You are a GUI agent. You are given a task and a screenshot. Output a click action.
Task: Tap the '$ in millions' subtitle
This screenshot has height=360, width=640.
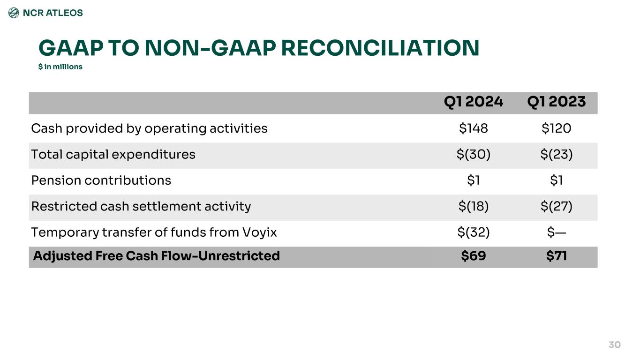(x=60, y=67)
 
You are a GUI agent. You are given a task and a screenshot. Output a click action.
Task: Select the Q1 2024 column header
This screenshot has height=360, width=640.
(x=473, y=102)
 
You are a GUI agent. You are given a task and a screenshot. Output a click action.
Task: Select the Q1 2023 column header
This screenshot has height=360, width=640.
(x=556, y=102)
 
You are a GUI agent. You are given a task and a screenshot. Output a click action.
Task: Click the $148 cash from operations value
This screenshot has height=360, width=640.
(x=473, y=128)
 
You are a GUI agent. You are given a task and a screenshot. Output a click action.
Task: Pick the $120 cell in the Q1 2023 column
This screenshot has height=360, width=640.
(x=556, y=128)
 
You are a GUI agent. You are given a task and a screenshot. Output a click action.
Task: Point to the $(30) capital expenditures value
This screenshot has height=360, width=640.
(x=473, y=154)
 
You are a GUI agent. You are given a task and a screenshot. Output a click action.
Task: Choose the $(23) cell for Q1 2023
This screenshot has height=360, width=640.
(x=556, y=154)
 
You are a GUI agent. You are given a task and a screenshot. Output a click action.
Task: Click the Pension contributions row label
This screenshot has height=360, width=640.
(x=101, y=180)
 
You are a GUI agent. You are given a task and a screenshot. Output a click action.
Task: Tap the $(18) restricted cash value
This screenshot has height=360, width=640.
(x=473, y=206)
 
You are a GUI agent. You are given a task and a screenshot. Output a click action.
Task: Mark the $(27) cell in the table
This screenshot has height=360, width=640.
(x=556, y=206)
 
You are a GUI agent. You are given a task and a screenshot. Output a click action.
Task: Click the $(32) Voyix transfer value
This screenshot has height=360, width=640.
(x=473, y=232)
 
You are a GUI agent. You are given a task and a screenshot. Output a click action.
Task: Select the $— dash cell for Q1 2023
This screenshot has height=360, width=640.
(x=556, y=232)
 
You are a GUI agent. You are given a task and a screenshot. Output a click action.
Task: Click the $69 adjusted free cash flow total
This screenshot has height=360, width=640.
(x=473, y=256)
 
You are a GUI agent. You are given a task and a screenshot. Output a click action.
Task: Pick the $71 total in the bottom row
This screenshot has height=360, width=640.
(x=556, y=256)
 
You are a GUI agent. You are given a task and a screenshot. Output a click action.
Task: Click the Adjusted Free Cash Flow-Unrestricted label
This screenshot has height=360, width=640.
(x=156, y=256)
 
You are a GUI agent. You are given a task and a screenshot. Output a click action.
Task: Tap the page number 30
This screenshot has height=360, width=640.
(x=614, y=345)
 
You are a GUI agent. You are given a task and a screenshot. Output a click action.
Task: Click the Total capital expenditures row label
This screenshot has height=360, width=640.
(x=113, y=154)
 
